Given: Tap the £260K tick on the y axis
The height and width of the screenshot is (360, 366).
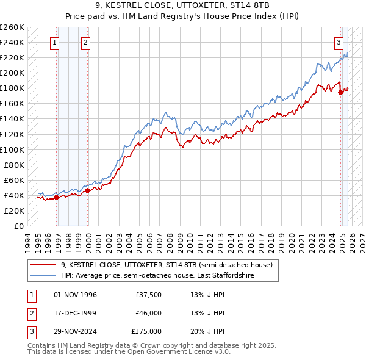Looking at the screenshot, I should coord(12,27).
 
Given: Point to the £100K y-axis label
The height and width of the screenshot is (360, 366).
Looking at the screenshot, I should coord(12,149).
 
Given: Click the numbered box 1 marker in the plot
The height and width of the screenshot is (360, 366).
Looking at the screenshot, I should coord(55,43).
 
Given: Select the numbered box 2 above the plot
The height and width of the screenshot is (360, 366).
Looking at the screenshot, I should coord(85,43).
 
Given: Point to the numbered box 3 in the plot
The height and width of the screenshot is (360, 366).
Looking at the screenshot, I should coord(339,43).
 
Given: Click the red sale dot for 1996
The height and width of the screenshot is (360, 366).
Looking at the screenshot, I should coord(56,197).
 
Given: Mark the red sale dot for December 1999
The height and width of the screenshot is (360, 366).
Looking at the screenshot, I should coord(87,190).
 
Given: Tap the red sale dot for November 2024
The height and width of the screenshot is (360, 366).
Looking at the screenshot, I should coord(340,92).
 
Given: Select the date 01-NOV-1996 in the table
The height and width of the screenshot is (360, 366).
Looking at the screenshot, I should coord(76,295).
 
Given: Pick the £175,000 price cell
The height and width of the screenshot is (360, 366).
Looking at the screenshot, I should coord(146,331).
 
